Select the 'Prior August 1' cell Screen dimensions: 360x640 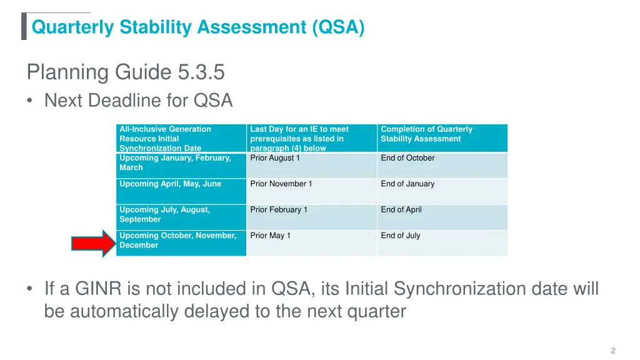(x=275, y=158)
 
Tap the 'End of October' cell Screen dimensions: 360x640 (x=407, y=158)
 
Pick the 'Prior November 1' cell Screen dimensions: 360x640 (x=281, y=184)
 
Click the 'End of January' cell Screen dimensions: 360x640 (x=407, y=184)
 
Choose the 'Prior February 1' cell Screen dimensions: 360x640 (x=279, y=210)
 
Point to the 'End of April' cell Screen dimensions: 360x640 (x=401, y=210)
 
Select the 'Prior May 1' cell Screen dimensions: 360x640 (x=270, y=236)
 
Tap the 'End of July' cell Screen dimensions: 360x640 (x=401, y=236)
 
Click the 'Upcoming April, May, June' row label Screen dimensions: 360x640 (x=170, y=184)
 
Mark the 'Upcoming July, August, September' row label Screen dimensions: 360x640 (x=164, y=214)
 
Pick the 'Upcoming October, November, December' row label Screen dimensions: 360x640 (x=177, y=241)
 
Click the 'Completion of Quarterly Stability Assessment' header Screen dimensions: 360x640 (x=426, y=134)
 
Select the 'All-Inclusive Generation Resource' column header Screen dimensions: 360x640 (x=165, y=138)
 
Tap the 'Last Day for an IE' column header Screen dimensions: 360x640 (x=299, y=138)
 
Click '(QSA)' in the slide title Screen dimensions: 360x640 (x=339, y=27)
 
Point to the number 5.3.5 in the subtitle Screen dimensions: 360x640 (x=201, y=73)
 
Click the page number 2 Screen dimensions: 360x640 (x=613, y=351)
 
